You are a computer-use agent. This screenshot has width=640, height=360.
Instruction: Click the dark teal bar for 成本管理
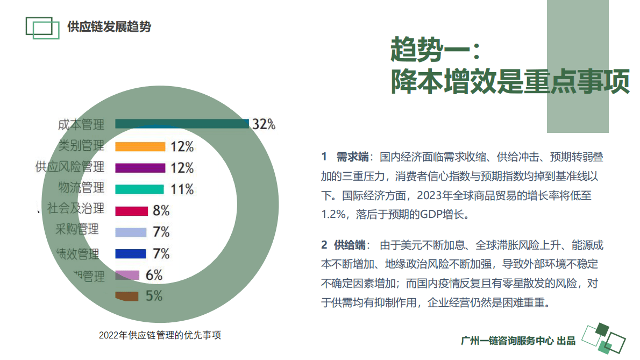[182, 124]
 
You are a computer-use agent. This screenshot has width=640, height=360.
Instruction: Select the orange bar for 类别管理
[140, 146]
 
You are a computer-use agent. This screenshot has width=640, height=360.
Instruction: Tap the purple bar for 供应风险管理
[140, 168]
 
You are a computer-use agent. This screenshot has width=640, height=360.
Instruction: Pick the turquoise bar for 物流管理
[139, 189]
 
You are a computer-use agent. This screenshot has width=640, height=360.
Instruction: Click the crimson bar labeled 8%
[131, 210]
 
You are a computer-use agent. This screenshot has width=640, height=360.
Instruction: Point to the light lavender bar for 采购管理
[131, 232]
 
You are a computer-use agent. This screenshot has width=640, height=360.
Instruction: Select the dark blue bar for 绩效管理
[131, 253]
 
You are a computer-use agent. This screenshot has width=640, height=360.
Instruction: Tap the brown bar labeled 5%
[127, 296]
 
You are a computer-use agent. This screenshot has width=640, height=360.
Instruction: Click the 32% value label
[264, 124]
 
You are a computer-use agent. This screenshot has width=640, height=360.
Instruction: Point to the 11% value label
[182, 189]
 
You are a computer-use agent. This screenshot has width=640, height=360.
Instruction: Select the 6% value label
[154, 275]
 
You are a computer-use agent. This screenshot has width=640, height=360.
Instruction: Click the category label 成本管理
[81, 125]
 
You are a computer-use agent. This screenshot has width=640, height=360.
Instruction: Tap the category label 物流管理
[81, 188]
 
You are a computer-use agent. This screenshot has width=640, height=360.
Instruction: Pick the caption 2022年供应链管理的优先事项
[160, 335]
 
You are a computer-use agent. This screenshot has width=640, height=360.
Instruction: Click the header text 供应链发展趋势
[109, 26]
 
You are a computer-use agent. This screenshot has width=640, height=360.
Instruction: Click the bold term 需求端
[352, 157]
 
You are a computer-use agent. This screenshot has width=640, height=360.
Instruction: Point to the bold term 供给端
[350, 245]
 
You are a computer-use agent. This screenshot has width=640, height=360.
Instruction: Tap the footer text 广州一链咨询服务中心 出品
[518, 341]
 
